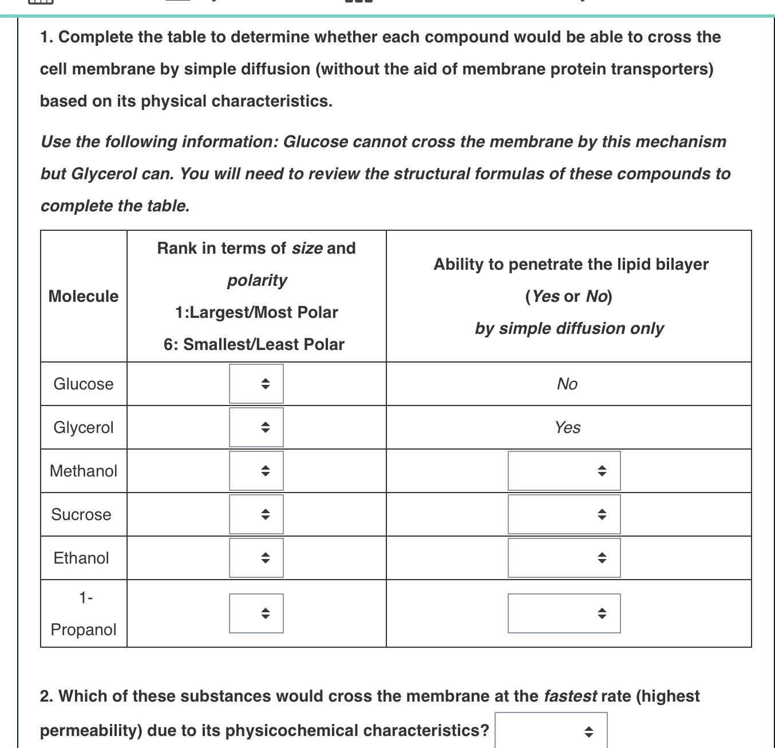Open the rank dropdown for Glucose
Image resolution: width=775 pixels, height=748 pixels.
pos(256,384)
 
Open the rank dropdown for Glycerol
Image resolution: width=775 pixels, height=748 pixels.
pos(256,427)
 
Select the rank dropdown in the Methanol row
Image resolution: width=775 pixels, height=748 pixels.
pos(256,471)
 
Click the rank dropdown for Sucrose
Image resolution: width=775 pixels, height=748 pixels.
pos(256,514)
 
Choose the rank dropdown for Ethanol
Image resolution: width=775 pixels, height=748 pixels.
pos(256,558)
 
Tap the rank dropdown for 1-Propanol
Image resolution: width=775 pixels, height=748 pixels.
pos(256,613)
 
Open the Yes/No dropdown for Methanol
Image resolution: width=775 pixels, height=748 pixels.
pos(564,471)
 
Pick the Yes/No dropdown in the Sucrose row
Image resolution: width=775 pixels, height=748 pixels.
pos(564,514)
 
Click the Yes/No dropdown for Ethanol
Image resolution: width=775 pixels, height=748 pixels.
pos(564,558)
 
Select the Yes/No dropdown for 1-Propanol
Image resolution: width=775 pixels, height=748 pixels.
pos(564,613)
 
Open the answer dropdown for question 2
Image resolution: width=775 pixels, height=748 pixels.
pos(551,731)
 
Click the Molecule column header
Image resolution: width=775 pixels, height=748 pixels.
pos(84,296)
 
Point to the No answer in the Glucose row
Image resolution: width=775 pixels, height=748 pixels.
pos(567,384)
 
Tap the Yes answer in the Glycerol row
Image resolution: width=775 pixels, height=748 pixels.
pos(567,427)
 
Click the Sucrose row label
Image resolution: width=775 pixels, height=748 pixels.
pos(81,514)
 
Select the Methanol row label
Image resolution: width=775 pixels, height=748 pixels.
pos(84,471)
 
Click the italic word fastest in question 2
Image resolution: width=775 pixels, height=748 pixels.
pos(570,696)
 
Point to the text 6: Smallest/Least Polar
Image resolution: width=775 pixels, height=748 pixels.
pos(254,344)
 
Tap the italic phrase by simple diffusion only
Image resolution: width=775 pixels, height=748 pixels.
pos(569,328)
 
